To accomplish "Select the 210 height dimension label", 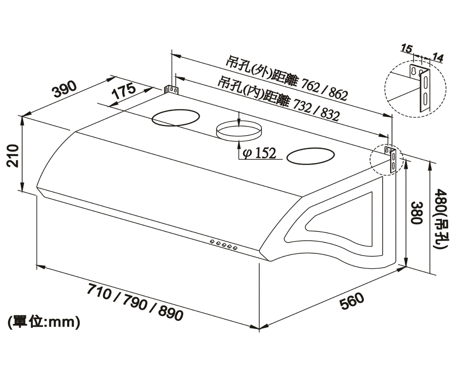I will (x=13, y=155).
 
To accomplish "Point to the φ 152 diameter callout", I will (x=259, y=154).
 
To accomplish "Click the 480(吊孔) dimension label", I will (x=442, y=219).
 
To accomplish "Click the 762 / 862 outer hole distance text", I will (x=322, y=90).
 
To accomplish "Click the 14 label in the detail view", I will (x=437, y=58).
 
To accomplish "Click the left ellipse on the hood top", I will (x=176, y=118).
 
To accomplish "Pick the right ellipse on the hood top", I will (x=310, y=156).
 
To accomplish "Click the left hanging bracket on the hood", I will (x=171, y=89).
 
